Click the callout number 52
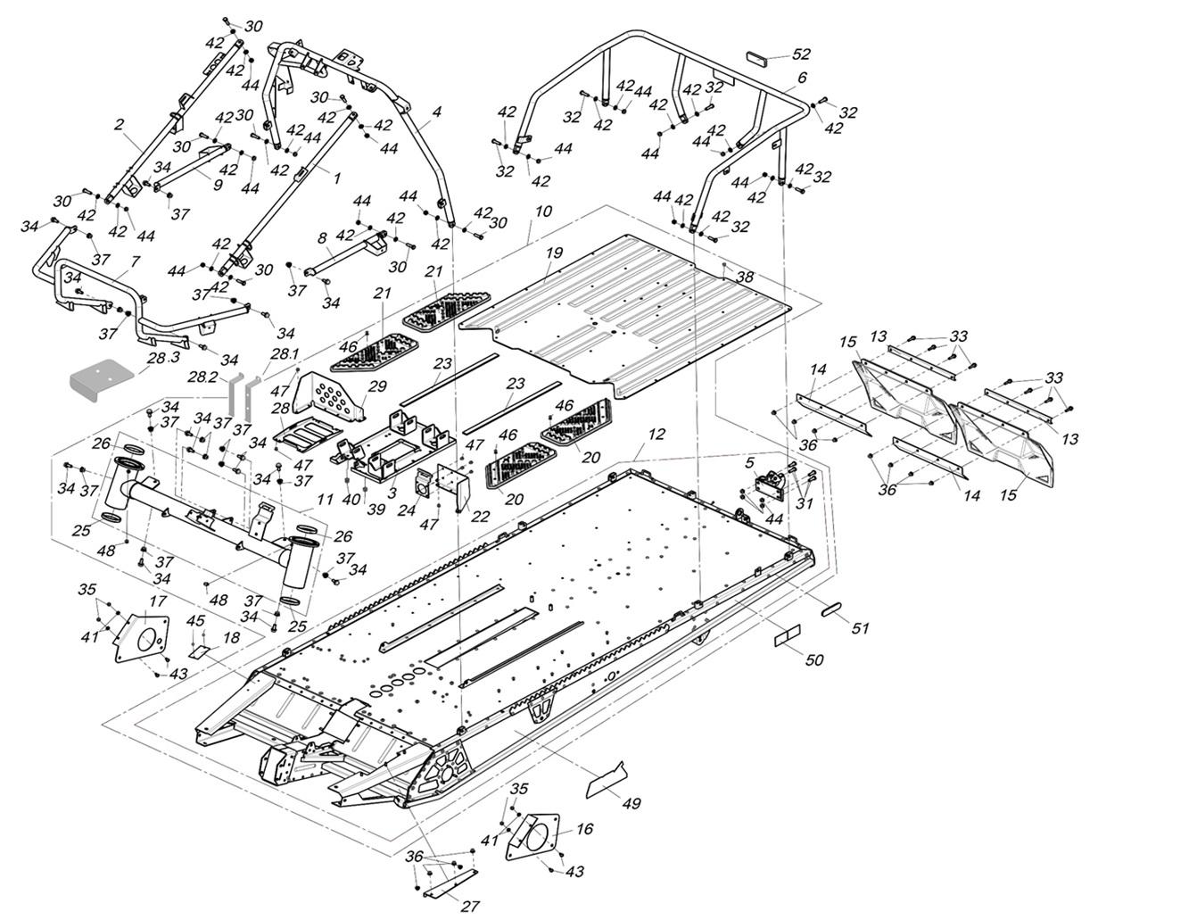(801, 54)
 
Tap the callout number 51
(859, 628)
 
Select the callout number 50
(814, 660)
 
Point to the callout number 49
(631, 803)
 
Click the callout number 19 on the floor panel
(554, 253)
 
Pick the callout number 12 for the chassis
(656, 435)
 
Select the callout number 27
(470, 906)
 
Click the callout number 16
(584, 829)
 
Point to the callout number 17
(157, 601)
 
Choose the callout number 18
(231, 638)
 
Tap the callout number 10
(543, 211)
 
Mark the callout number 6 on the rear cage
(802, 78)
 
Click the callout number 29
(377, 386)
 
